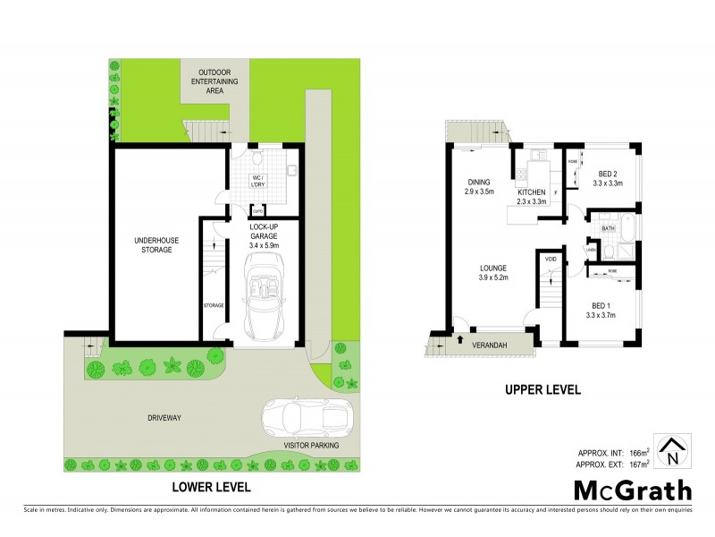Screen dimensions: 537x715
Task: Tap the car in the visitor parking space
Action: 306,416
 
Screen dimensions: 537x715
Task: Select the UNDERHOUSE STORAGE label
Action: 153,244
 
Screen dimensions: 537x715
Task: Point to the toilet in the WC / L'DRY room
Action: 257,161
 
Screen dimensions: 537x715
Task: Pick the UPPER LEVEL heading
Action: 544,390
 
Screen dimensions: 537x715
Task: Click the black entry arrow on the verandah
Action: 458,340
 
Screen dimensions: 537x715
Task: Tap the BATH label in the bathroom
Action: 608,229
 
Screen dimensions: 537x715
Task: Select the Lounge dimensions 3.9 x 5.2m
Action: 492,277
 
